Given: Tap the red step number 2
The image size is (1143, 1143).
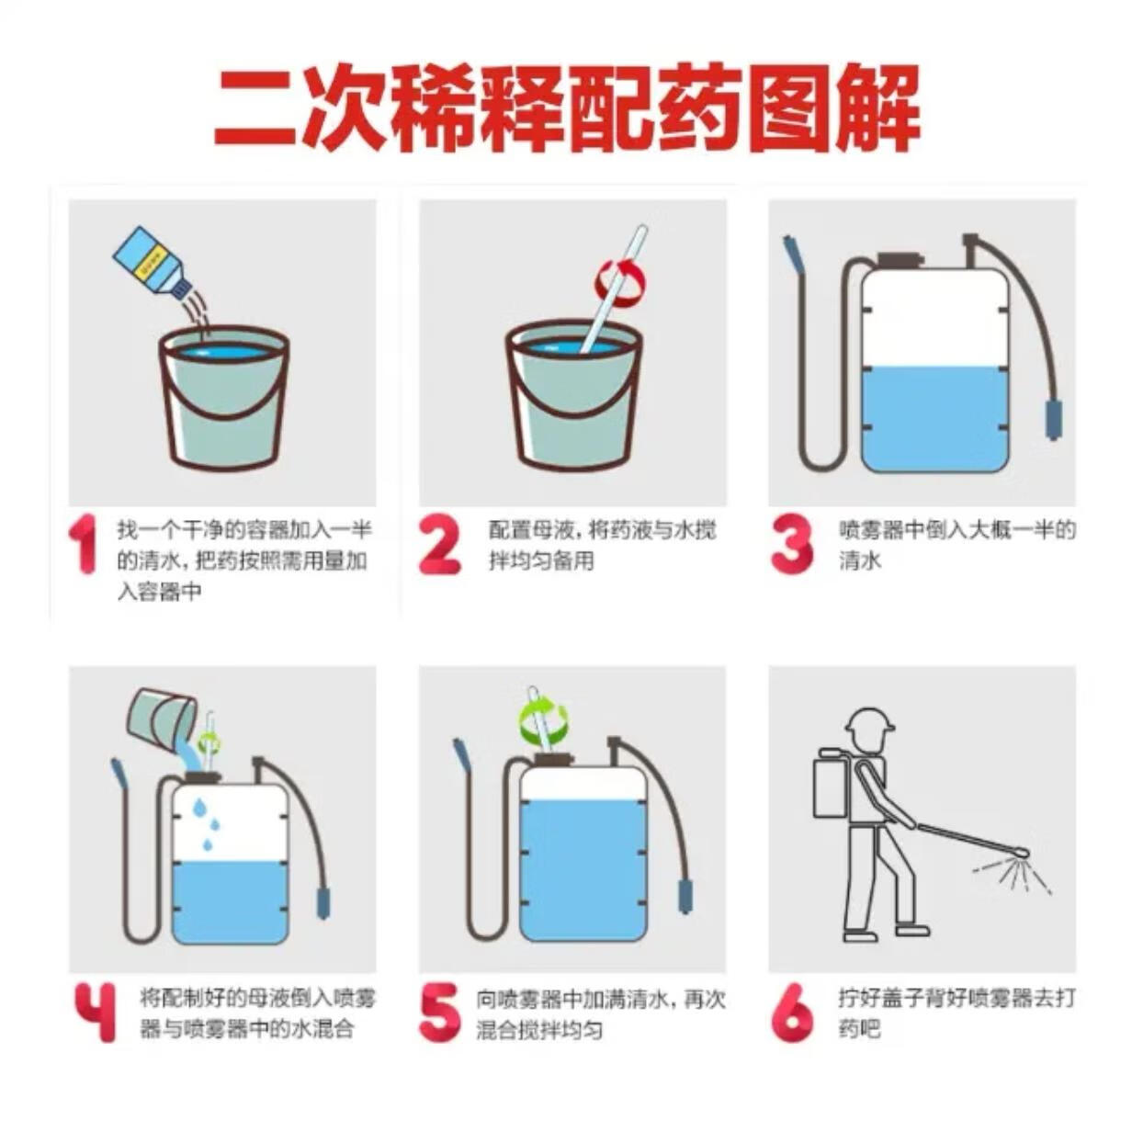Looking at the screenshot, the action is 440,546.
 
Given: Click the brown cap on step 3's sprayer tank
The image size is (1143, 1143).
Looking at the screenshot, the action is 900,261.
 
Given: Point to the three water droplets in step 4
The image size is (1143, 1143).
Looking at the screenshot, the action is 208,824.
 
